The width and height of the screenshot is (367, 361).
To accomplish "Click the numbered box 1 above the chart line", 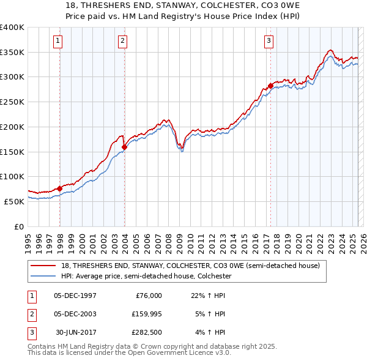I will pyautogui.click(x=57, y=41).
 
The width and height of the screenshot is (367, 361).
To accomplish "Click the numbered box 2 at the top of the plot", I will pyautogui.click(x=122, y=41).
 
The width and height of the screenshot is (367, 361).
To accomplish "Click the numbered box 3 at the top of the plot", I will pyautogui.click(x=269, y=41).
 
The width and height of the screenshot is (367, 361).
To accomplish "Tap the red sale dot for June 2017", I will pyautogui.click(x=270, y=86).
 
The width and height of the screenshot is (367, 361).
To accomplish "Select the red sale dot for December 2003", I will pyautogui.click(x=124, y=147).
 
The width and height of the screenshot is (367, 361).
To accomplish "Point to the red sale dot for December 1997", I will pyautogui.click(x=59, y=188).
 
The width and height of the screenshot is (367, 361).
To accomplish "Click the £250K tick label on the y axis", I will pyautogui.click(x=12, y=102).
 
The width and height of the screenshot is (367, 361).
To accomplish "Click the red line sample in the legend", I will pyautogui.click(x=43, y=266).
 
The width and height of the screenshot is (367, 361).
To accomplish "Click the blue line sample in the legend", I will pyautogui.click(x=43, y=276).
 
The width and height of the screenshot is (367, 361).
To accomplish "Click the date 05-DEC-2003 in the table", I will pyautogui.click(x=75, y=314).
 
